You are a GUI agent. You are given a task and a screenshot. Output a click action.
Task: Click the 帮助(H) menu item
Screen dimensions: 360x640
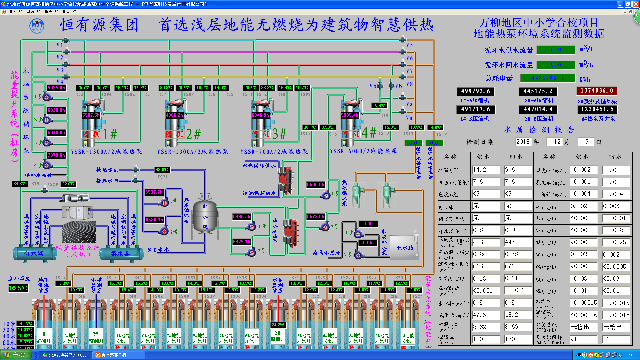(x=69, y=12)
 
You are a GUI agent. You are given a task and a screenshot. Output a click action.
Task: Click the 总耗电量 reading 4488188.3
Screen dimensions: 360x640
(x=548, y=78)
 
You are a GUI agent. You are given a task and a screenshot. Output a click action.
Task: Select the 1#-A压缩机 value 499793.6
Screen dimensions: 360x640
(x=475, y=91)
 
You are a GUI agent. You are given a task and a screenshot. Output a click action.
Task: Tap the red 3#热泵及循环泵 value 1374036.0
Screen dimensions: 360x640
(x=597, y=91)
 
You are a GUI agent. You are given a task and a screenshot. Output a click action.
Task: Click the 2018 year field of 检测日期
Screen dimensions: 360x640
(x=523, y=142)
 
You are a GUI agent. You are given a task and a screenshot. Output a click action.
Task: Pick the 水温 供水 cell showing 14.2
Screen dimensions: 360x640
(x=486, y=170)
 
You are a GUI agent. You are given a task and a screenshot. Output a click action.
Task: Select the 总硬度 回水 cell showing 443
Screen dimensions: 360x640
(x=517, y=242)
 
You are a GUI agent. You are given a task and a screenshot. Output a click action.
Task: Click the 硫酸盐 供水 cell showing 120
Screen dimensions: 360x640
(x=486, y=339)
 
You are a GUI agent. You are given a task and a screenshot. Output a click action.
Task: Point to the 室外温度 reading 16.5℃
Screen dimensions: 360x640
(x=18, y=288)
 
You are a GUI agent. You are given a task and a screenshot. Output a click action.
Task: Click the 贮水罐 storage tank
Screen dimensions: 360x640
(x=205, y=216)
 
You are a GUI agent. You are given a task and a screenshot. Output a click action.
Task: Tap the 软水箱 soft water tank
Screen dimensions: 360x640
(x=404, y=248)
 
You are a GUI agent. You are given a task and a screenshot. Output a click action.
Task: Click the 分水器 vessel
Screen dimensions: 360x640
(x=34, y=254)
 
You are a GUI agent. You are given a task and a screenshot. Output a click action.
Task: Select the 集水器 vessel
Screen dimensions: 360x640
(x=120, y=254)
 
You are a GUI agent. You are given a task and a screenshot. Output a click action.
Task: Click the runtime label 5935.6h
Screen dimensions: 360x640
(x=56, y=88)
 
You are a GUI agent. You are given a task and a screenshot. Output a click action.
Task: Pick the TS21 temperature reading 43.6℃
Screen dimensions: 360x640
(x=162, y=170)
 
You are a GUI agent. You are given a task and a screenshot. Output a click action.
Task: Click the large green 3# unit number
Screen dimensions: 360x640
(x=279, y=134)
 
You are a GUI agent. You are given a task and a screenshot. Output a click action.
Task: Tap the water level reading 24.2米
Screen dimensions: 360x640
(x=278, y=325)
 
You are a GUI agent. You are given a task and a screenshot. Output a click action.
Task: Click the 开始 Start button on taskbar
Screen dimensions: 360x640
(x=16, y=355)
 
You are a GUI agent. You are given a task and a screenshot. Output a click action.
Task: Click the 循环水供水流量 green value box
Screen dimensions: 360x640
(x=556, y=50)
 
